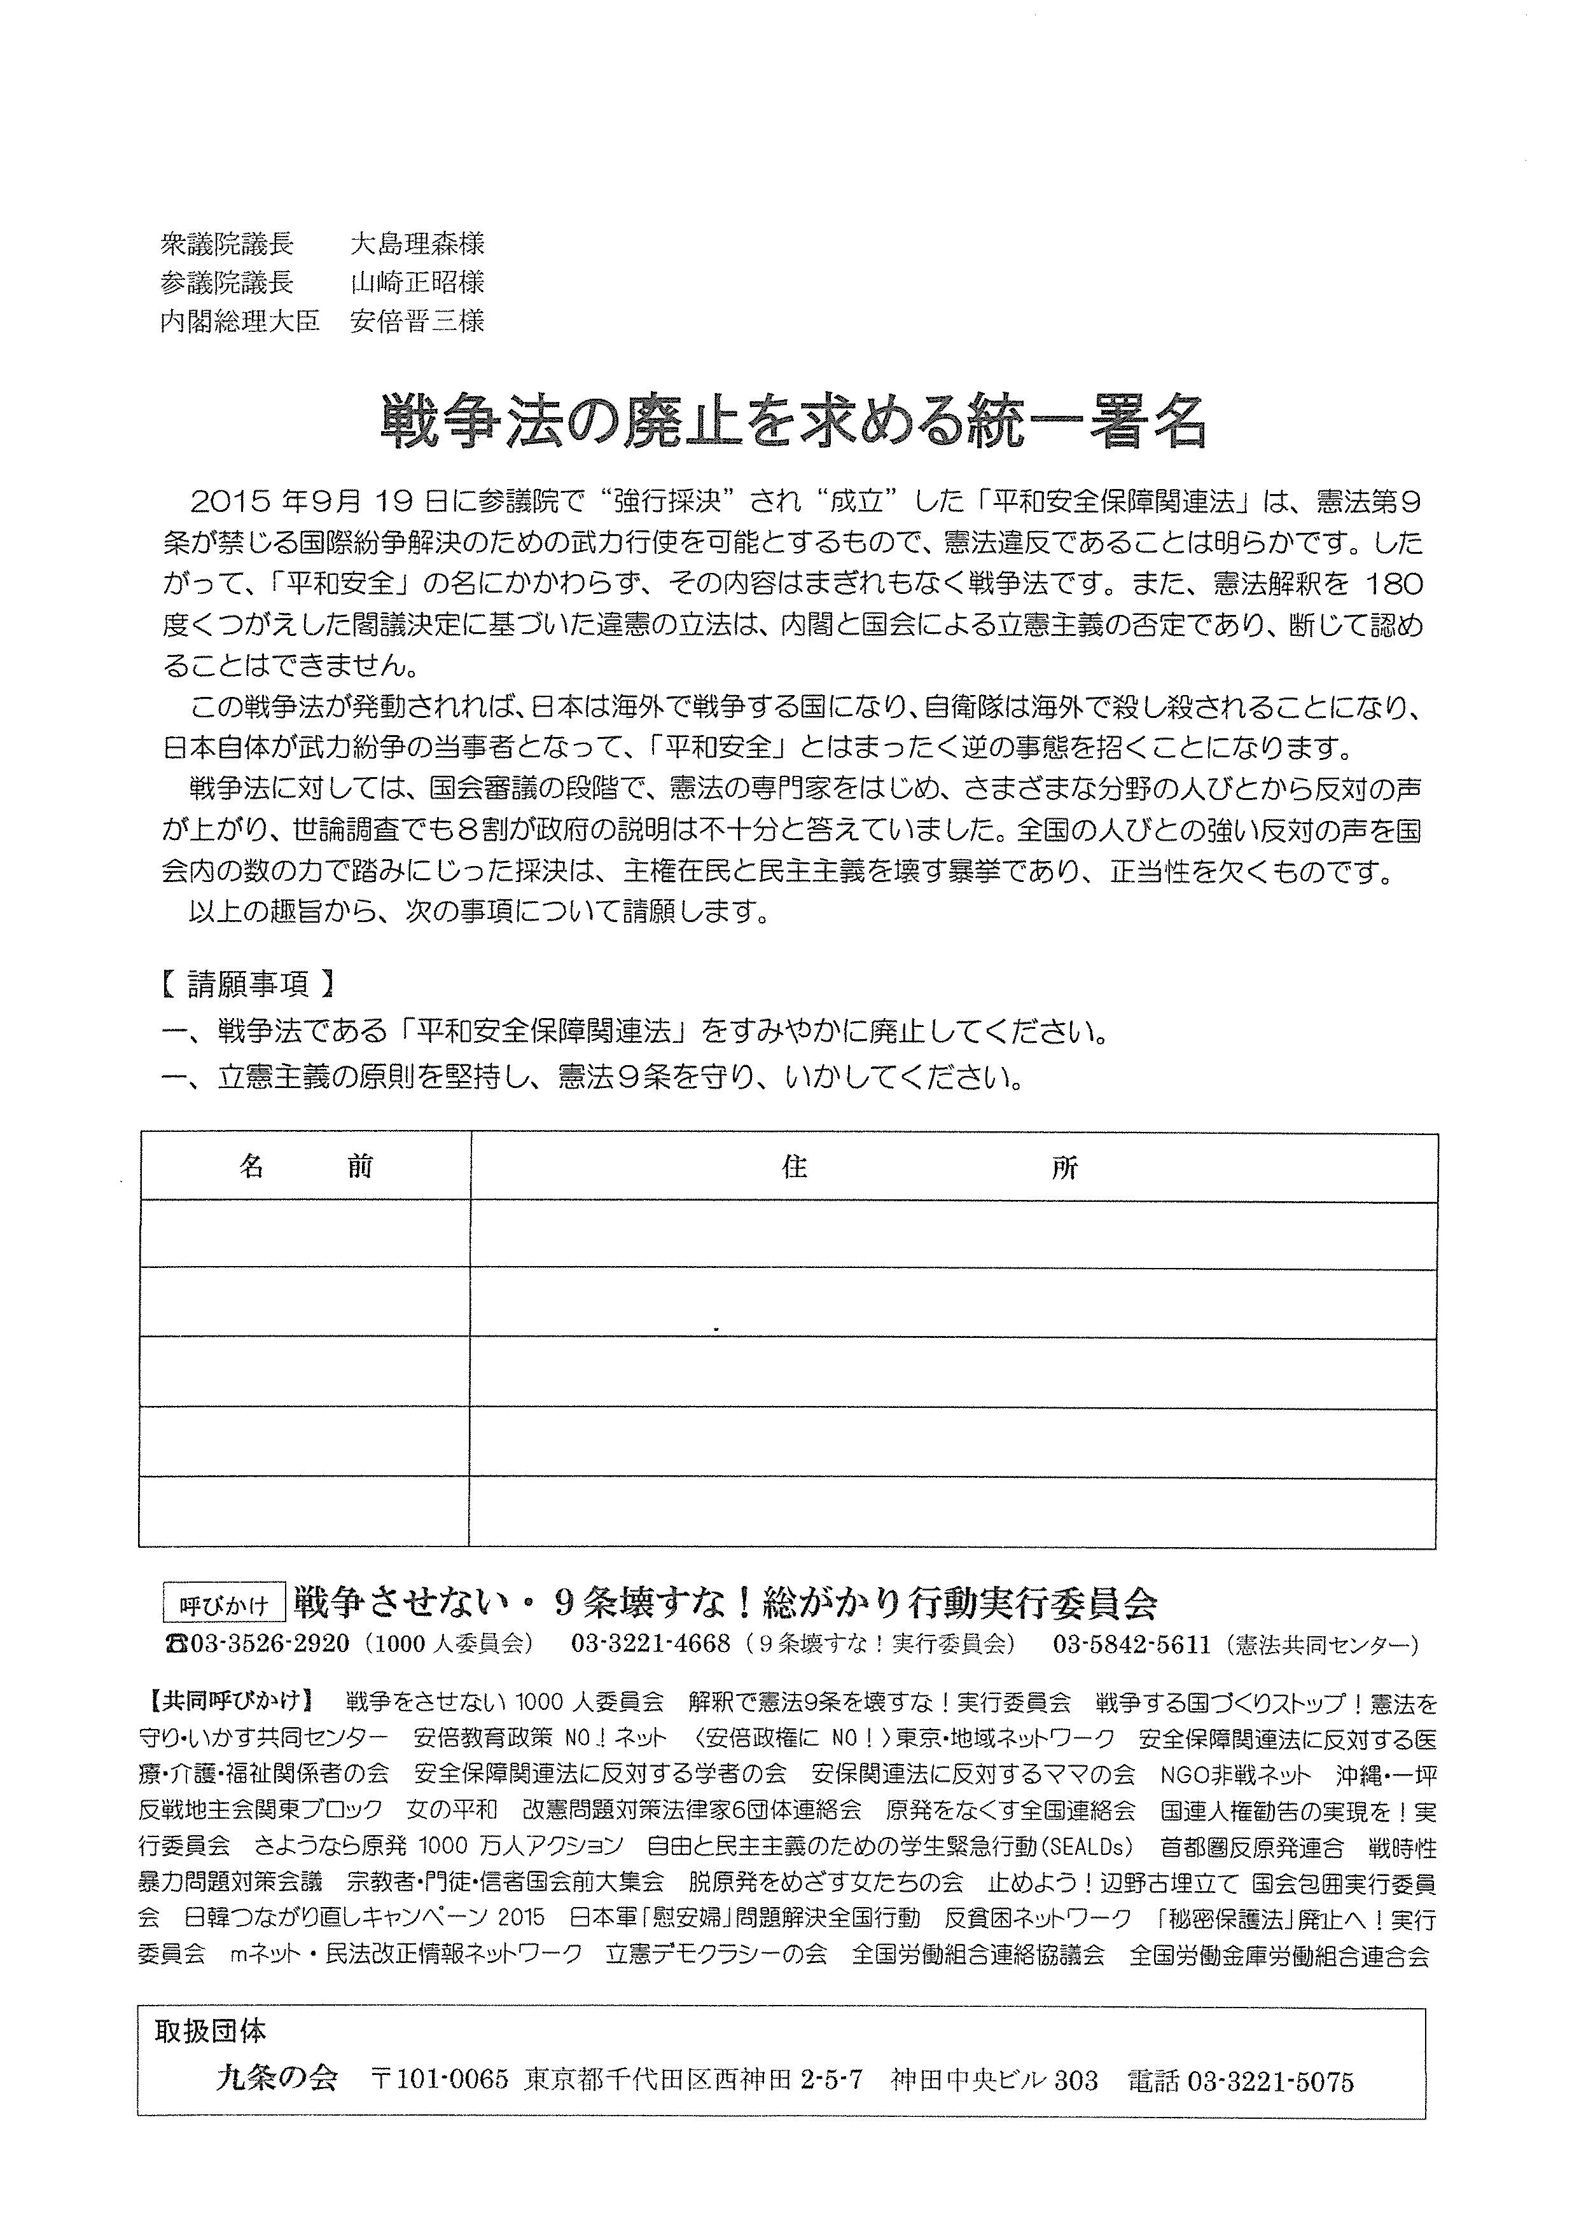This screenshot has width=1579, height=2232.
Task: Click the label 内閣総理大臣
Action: coord(240,320)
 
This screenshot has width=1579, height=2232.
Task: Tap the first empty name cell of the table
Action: coord(305,1235)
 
